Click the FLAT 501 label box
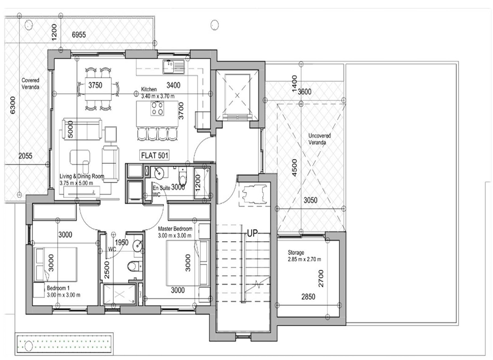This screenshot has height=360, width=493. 154,155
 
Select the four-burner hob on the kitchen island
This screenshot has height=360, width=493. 157,108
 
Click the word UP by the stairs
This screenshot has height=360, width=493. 252,233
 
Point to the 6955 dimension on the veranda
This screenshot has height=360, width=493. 79,35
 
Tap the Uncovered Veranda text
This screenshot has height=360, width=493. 319,139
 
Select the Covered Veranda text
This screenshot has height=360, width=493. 31,84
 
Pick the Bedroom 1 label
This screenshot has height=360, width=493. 63,292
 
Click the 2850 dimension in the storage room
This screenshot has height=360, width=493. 308,297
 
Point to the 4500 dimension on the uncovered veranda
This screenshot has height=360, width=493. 294,167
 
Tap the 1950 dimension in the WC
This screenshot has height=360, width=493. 121,243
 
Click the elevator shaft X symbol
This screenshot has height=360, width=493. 237,95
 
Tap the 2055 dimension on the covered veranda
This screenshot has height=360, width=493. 25,156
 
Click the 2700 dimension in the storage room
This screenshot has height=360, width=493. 321,278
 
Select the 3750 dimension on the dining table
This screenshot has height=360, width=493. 95,85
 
